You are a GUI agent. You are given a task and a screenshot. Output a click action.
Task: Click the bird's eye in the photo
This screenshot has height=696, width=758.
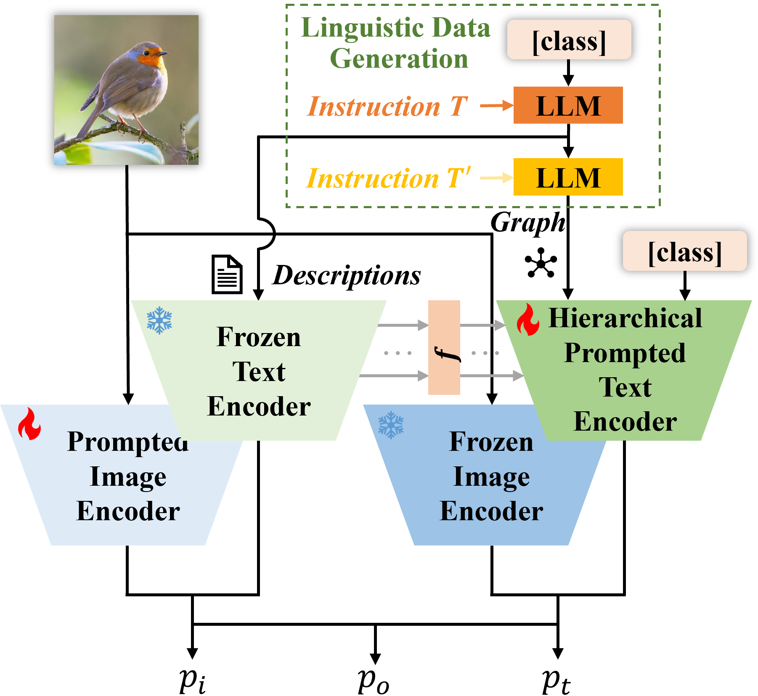[147, 53]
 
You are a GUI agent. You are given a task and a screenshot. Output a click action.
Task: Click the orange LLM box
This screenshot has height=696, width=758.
[568, 105]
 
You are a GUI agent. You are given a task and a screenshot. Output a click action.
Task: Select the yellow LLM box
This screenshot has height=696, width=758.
[568, 177]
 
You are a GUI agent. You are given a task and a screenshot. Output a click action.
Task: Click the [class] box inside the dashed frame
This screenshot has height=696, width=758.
[569, 40]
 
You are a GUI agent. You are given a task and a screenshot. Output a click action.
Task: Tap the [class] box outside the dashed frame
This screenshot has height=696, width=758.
[684, 251]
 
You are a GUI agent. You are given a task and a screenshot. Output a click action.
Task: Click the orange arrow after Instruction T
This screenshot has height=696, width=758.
[496, 106]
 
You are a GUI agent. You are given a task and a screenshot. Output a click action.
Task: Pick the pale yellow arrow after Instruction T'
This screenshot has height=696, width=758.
[496, 178]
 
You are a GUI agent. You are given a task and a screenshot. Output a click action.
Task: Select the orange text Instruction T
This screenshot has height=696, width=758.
[387, 106]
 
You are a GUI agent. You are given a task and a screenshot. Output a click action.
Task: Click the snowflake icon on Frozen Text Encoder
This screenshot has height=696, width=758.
[159, 320]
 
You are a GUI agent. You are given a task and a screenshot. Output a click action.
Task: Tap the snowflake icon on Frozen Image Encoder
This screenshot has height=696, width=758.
[391, 425]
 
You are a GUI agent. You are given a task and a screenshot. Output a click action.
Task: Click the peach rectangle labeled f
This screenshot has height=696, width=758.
[444, 347]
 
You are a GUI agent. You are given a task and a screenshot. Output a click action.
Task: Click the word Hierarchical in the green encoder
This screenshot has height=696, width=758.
[625, 318]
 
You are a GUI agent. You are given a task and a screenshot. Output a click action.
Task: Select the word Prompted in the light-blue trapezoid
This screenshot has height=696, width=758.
[127, 442]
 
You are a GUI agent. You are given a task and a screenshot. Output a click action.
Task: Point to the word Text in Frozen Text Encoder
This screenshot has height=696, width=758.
[259, 372]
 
